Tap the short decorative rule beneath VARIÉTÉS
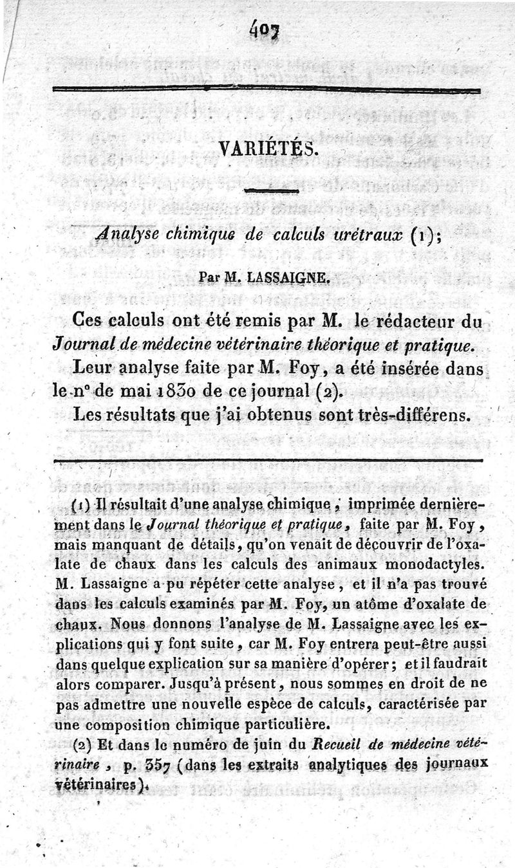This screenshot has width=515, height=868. [268, 191]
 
